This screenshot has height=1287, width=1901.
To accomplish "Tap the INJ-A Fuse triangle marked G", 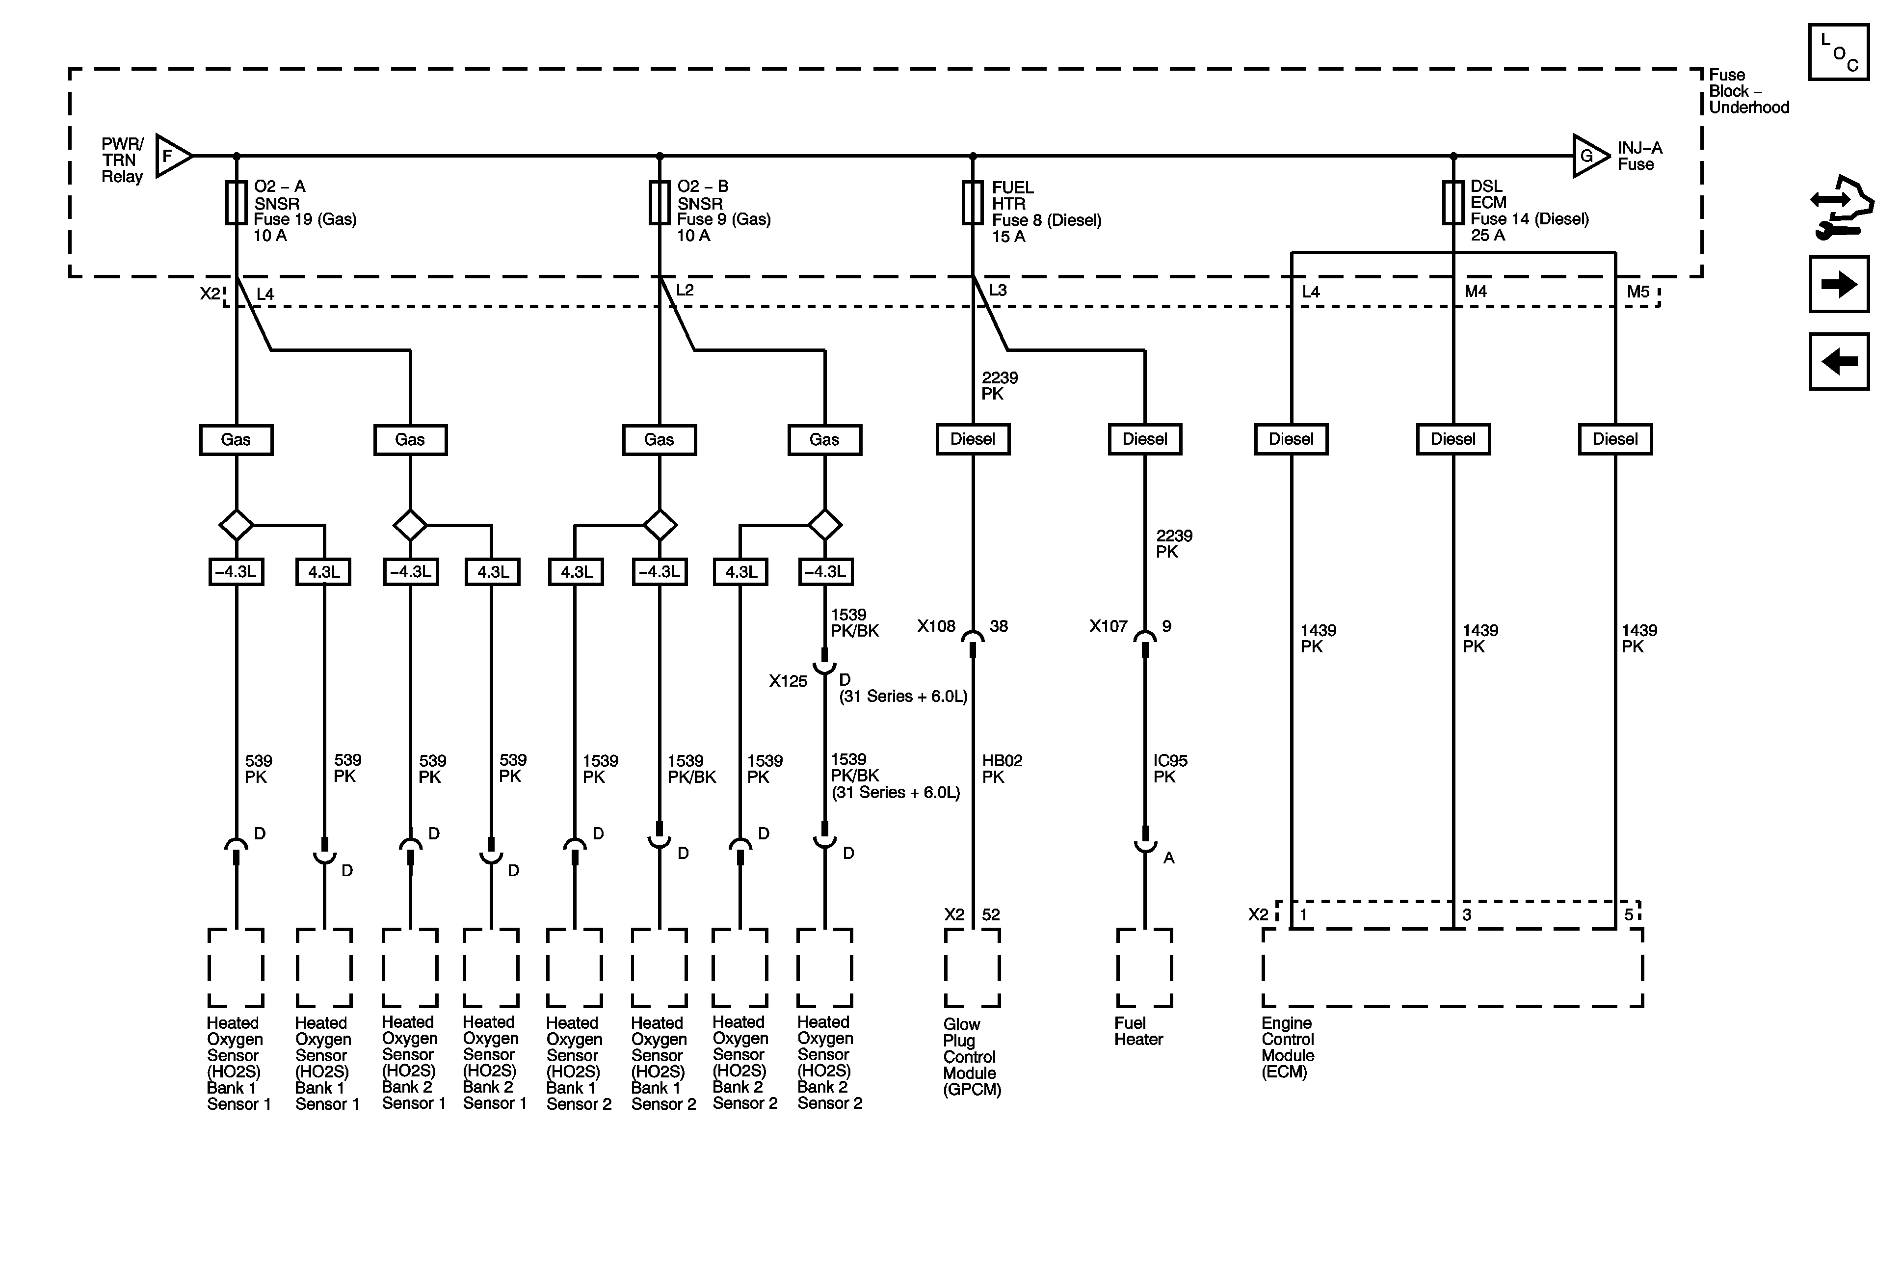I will pyautogui.click(x=1588, y=156).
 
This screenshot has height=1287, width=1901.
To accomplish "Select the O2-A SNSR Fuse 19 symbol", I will pyautogui.click(x=237, y=203).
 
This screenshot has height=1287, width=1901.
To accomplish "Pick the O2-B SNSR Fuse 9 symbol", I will pyautogui.click(x=660, y=203).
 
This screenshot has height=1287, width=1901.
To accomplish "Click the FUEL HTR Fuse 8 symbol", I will pyautogui.click(x=973, y=203).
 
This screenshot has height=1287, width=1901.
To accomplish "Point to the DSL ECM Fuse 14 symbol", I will pyautogui.click(x=1453, y=203).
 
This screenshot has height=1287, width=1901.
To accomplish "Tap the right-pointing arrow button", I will pyautogui.click(x=1839, y=285).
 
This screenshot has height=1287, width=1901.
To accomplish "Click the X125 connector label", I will pyautogui.click(x=788, y=681).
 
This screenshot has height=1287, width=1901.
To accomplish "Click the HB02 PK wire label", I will pyautogui.click(x=1002, y=768).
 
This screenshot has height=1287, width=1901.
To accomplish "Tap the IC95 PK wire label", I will pyautogui.click(x=1170, y=768).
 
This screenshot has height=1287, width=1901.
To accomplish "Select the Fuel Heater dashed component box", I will pyautogui.click(x=1144, y=968).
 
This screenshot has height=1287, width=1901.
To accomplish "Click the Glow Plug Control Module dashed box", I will pyautogui.click(x=973, y=968).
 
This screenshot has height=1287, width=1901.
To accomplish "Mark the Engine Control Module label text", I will pyautogui.click(x=1288, y=1047).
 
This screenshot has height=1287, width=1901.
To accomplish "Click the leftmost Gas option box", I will pyautogui.click(x=237, y=439).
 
